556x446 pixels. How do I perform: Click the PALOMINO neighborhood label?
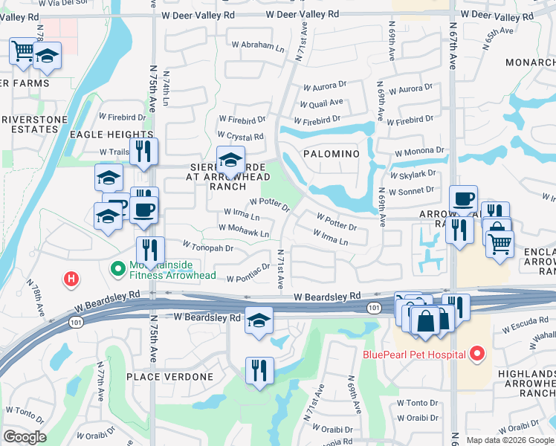point(332,153)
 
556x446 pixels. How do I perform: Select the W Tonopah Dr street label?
point(209,248)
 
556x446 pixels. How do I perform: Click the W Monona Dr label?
point(419,150)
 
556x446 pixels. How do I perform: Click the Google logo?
point(25,437)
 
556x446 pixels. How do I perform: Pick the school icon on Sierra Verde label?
point(230,160)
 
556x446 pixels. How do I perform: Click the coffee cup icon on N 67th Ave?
point(463,198)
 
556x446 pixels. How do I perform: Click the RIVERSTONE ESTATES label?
point(30,123)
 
